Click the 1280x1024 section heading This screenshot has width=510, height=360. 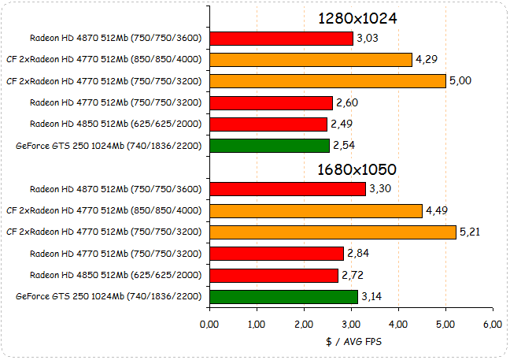357,18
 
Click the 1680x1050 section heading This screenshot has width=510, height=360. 357,169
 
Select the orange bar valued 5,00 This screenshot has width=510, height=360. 327,80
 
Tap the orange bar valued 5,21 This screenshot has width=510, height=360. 333,232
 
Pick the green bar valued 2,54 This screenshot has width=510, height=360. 269,145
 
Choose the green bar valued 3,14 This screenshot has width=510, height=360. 283,296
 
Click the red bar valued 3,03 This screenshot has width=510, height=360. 281,38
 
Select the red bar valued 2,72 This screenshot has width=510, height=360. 274,275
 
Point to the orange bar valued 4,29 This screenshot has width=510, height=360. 311,59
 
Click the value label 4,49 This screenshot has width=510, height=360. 437,210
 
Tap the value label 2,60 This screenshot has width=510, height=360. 347,102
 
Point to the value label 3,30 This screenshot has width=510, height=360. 380,188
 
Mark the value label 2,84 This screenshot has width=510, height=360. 358,253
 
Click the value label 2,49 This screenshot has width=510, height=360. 342,124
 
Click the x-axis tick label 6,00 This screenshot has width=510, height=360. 492,325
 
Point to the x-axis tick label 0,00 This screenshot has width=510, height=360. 209,325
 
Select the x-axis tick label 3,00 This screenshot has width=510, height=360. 351,325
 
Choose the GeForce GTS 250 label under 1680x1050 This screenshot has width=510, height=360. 109,296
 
